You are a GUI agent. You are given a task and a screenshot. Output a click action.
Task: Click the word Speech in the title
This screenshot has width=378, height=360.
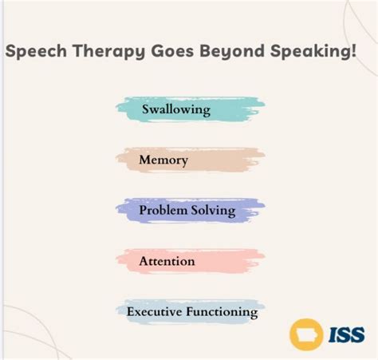[34, 52]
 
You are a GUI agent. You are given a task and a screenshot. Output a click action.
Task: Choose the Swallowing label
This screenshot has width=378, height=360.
[176, 109]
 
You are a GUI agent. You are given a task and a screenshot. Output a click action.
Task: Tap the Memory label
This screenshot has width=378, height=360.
[163, 160]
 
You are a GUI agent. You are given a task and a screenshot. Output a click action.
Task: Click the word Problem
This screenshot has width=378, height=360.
[162, 211]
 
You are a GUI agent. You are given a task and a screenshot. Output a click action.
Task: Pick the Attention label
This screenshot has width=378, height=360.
[167, 261]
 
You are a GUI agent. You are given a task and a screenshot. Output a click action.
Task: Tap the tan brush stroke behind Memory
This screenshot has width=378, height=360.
[231, 160]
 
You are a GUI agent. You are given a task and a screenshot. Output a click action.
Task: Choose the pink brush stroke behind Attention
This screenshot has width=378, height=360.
[231, 261]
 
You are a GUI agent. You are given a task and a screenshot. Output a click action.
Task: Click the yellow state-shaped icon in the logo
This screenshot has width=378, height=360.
[306, 333]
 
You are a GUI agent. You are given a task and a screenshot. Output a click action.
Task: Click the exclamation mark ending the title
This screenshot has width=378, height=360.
[352, 52]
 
